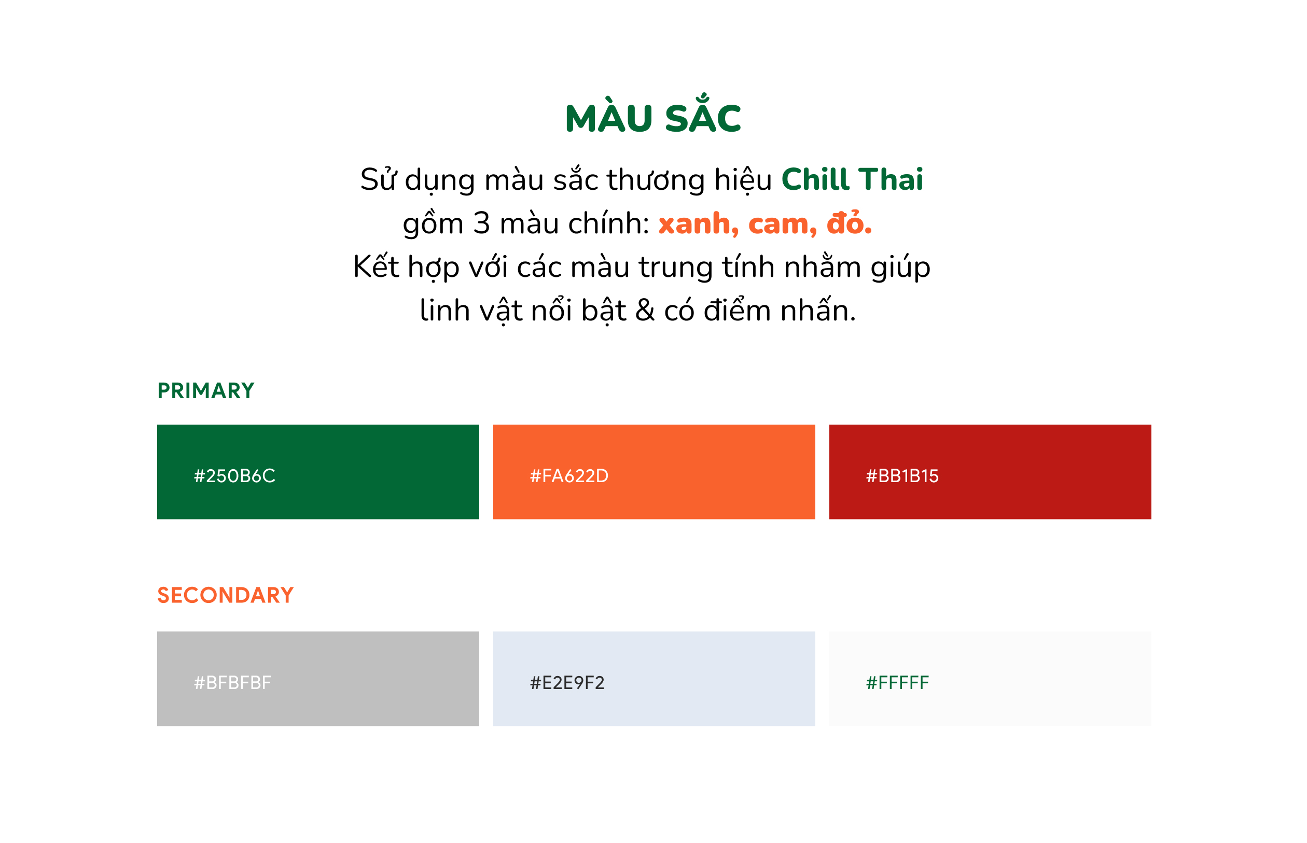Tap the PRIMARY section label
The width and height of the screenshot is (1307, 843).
pyautogui.click(x=206, y=391)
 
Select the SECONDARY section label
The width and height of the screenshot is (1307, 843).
pyautogui.click(x=226, y=596)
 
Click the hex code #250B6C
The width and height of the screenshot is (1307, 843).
pyautogui.click(x=234, y=476)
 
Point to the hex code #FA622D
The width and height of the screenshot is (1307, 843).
pyautogui.click(x=569, y=476)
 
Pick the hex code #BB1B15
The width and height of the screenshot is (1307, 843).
pyautogui.click(x=902, y=476)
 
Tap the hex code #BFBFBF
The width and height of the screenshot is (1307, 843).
pyautogui.click(x=232, y=683)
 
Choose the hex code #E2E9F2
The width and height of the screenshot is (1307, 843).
pyautogui.click(x=567, y=683)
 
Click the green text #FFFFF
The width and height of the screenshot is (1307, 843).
pyautogui.click(x=897, y=683)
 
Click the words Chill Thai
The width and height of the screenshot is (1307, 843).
pyautogui.click(x=852, y=179)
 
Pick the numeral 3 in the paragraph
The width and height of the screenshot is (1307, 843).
pyautogui.click(x=481, y=223)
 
